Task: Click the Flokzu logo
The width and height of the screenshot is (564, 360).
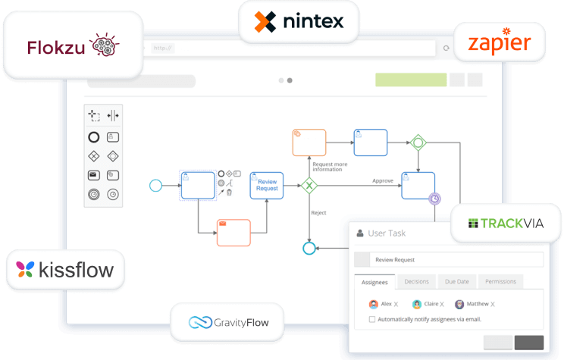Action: point(73,46)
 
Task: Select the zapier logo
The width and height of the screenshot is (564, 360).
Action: point(500,42)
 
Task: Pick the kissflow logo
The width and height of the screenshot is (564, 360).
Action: point(64,269)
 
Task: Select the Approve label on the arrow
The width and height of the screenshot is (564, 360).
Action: point(382,180)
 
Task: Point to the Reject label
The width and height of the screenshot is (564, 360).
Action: point(318,213)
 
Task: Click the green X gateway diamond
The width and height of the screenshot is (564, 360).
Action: point(309,185)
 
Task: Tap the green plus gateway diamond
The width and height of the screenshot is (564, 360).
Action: point(418,142)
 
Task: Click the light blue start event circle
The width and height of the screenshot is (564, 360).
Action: point(156,185)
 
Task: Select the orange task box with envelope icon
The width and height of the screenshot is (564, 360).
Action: point(233,233)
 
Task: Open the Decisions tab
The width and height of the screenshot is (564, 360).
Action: point(416,282)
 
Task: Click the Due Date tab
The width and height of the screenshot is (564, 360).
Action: point(457,282)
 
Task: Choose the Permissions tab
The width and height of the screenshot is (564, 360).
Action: point(500,282)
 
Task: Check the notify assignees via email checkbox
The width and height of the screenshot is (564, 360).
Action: point(371,319)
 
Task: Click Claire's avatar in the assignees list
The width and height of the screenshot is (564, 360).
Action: point(417,304)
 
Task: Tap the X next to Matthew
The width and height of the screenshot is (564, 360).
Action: point(492,305)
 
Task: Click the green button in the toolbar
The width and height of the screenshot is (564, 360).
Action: point(410,80)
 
